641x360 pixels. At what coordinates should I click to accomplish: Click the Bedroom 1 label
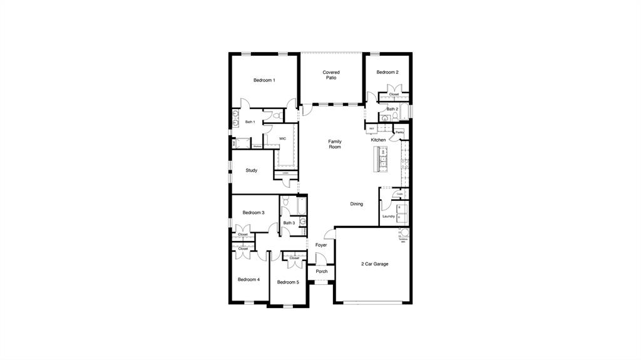click(264, 80)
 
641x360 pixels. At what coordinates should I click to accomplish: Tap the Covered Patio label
click(331, 75)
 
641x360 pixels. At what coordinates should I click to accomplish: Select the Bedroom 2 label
click(387, 73)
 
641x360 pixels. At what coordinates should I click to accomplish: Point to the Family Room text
click(335, 144)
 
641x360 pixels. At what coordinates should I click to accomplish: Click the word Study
click(251, 170)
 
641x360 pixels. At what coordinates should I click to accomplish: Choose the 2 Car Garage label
click(374, 264)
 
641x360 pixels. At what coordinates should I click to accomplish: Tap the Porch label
click(321, 272)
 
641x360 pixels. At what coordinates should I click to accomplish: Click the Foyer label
click(321, 245)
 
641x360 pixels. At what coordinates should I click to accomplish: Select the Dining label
click(356, 204)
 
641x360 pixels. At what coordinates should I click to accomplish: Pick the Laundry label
click(388, 217)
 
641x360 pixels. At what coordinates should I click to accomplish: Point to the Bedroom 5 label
click(288, 282)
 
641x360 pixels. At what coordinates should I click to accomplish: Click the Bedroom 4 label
click(249, 279)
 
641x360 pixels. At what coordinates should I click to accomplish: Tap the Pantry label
click(399, 133)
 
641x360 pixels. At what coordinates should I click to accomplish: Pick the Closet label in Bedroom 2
click(394, 95)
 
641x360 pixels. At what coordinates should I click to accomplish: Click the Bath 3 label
click(289, 223)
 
